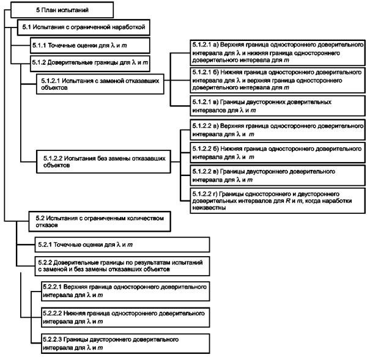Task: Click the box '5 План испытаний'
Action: (62, 10)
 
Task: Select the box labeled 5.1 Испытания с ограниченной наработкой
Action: (84, 28)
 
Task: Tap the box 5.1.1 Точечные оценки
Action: (90, 45)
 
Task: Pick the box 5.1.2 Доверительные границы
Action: (90, 63)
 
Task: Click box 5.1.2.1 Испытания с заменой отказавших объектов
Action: (100, 84)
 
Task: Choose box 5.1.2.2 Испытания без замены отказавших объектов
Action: (103, 162)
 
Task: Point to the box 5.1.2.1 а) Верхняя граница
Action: (278, 53)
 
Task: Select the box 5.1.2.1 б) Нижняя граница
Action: (278, 80)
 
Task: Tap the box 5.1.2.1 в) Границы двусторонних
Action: (278, 106)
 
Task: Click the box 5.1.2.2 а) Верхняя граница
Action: (278, 130)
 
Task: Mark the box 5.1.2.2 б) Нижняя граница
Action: (278, 153)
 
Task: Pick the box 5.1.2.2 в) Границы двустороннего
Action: (278, 175)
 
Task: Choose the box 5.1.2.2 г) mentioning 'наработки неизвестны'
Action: (278, 200)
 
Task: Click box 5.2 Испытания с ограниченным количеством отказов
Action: (100, 222)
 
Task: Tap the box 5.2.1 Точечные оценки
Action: (122, 244)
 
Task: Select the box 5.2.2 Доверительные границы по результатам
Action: (122, 266)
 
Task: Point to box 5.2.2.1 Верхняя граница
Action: (125, 291)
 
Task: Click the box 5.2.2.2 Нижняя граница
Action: (125, 317)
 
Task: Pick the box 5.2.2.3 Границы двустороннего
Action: (125, 343)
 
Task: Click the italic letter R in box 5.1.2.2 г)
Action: (288, 201)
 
